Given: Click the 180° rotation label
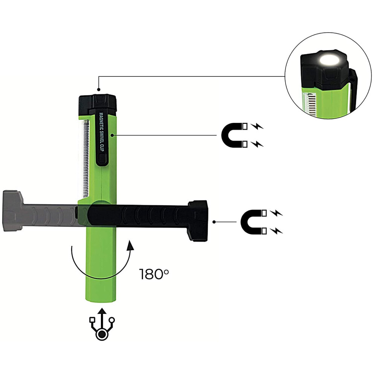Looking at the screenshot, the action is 154,274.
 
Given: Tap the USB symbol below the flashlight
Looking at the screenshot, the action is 102,324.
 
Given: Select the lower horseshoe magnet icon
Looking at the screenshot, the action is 253,222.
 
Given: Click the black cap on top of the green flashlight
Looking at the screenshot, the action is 98,104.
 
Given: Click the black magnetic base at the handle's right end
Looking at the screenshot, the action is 198,221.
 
